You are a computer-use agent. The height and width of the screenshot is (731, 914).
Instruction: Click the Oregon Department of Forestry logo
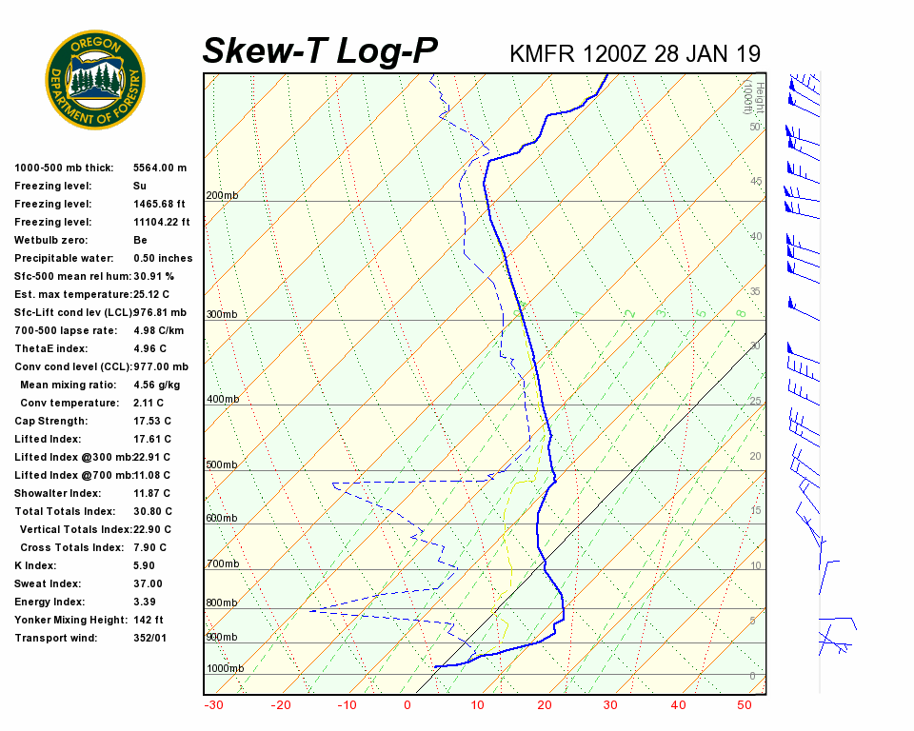95,80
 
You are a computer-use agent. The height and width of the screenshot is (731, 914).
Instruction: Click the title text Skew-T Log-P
321,50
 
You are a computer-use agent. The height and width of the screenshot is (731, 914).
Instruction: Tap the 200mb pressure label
221,196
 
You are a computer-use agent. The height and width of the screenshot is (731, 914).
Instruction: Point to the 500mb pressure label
221,464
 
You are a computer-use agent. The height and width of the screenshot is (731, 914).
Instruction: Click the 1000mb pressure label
225,668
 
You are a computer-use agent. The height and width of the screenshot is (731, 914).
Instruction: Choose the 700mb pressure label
221,564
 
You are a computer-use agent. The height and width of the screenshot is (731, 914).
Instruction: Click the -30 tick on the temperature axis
213,705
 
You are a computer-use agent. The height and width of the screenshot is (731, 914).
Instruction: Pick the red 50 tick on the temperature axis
745,705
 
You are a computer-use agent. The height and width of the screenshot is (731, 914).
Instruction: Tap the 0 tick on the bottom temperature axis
407,705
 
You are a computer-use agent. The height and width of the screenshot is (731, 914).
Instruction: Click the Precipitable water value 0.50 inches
163,258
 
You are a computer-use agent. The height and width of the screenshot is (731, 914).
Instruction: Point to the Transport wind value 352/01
150,638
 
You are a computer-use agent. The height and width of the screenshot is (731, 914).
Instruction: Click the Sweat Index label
48,583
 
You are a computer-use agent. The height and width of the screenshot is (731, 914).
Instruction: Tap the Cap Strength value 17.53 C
152,421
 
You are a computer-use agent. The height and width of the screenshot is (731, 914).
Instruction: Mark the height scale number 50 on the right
754,127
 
